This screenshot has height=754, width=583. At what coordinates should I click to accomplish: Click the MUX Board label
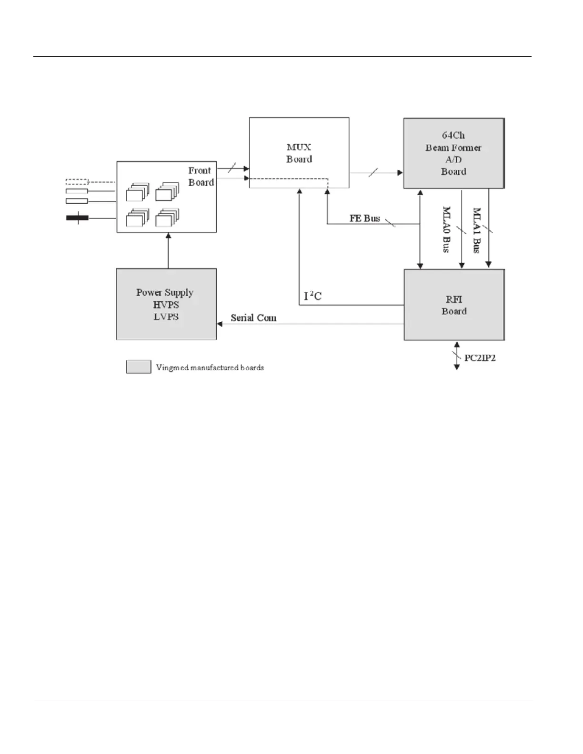pos(299,153)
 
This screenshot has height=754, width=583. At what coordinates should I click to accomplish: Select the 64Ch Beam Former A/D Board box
pos(453,153)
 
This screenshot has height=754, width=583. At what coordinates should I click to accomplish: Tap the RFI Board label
pos(454,305)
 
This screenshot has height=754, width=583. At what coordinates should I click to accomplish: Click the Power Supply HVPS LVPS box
pos(166,304)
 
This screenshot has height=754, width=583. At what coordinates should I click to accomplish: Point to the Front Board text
pos(201,176)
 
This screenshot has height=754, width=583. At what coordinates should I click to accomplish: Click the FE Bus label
pos(365,218)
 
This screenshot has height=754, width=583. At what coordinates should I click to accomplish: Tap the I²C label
pos(313,296)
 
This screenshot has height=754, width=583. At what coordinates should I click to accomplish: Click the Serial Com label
pos(253,317)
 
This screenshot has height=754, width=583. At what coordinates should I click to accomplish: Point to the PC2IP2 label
pos(480,358)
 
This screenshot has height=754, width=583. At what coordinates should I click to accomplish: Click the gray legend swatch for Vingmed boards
pos(138,367)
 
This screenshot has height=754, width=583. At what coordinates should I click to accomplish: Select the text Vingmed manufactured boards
pos(210,367)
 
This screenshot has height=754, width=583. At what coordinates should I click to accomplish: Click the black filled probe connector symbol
pos(77,218)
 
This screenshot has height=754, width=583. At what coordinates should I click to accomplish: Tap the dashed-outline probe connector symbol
pos(77,181)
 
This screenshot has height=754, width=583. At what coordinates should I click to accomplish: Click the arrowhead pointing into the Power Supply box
pos(220,324)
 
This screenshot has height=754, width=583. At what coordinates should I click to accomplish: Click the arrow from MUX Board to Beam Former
pos(376,173)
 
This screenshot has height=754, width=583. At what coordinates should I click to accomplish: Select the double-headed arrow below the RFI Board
pos(456,355)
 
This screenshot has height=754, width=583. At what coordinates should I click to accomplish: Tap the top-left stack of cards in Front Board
pos(137,192)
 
